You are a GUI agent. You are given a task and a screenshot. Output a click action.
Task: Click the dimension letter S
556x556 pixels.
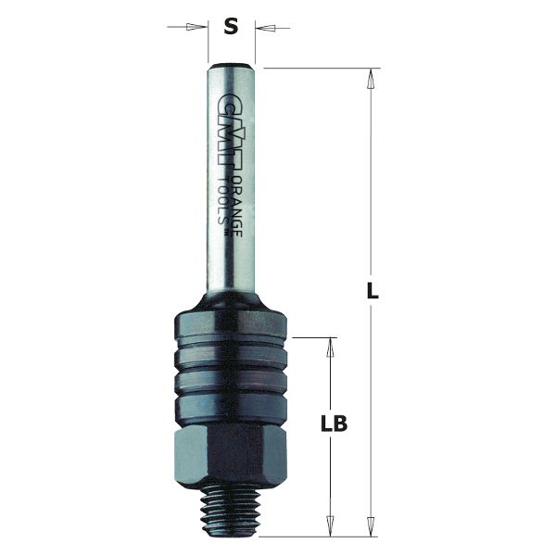(x=232, y=27)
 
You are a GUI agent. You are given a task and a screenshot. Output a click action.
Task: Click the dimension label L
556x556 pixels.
(x=373, y=290)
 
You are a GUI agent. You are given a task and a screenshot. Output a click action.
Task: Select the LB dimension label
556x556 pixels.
(x=335, y=424)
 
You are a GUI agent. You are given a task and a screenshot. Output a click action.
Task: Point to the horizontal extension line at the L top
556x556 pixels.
(x=315, y=68)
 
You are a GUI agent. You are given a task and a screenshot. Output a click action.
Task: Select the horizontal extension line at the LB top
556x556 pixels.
(x=310, y=337)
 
